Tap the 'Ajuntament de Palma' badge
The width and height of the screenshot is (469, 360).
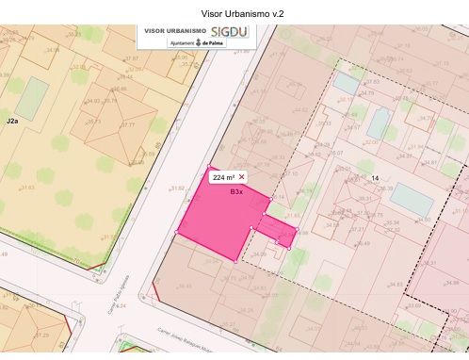pyautogui.click(x=196, y=43)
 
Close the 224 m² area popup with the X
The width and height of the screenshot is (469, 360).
pyautogui.click(x=242, y=176)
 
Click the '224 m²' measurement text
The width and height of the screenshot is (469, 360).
pyautogui.click(x=223, y=177)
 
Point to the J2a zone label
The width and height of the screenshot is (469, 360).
pyautogui.click(x=12, y=123)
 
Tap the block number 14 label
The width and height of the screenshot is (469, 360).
pyautogui.click(x=375, y=178)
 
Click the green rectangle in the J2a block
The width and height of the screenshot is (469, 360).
pyautogui.click(x=34, y=99)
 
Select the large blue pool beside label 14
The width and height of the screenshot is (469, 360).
pyautogui.click(x=412, y=198)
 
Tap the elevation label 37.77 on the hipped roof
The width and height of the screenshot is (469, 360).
pyautogui.click(x=128, y=125)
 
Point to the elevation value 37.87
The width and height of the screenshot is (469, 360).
pyautogui.click(x=131, y=58)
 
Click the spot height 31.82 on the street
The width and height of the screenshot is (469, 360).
pyautogui.click(x=177, y=188)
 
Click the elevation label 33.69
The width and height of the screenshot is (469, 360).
pyautogui.click(x=412, y=305)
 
